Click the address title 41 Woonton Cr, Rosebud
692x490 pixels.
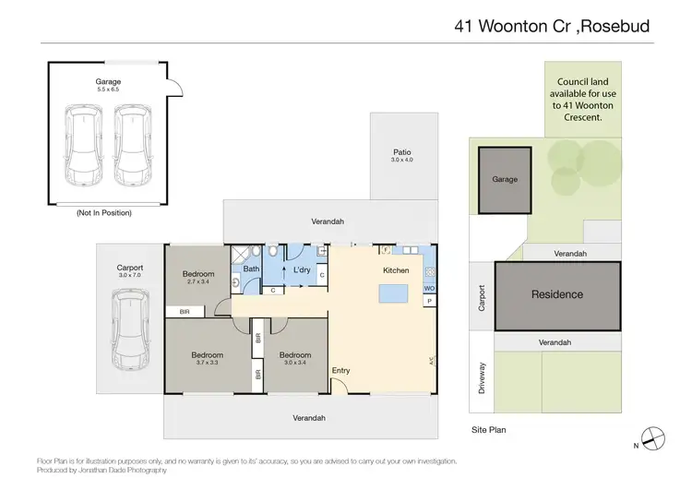552,26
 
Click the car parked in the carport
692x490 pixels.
129,327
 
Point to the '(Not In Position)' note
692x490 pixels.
104,213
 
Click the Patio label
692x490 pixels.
401,152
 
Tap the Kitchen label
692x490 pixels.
396,270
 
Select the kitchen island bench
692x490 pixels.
396,294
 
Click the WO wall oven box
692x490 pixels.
429,289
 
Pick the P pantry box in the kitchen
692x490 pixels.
429,301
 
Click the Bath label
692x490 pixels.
251,269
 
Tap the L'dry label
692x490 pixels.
301,269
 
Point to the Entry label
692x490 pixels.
341,371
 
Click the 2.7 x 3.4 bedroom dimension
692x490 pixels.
198,281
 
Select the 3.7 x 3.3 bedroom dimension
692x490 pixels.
208,363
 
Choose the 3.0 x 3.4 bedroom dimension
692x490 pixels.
295,363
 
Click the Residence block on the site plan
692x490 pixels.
557,295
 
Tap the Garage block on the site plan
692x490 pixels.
505,180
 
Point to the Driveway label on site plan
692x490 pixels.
481,377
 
